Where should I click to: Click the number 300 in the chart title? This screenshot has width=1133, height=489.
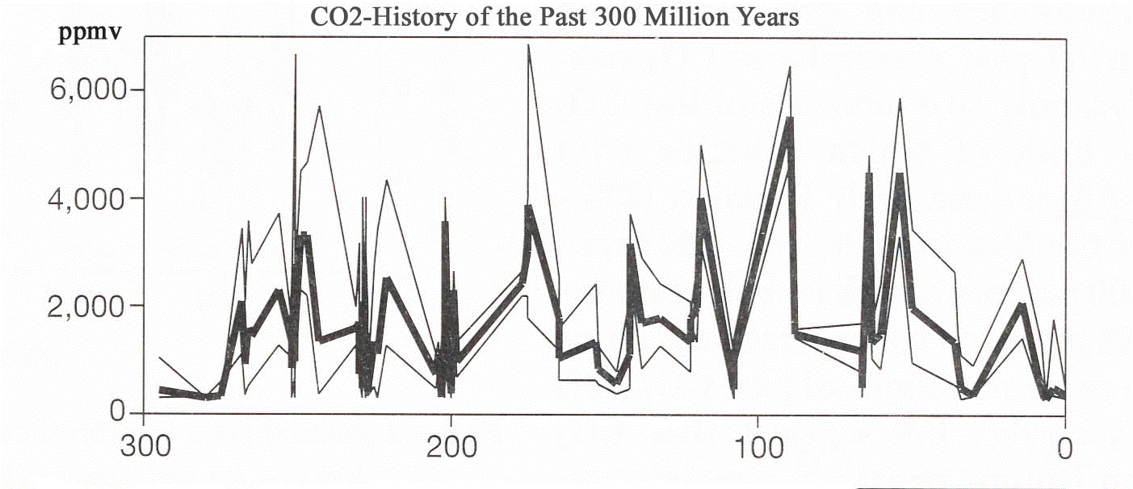[614, 17]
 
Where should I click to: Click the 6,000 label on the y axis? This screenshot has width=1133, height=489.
[87, 90]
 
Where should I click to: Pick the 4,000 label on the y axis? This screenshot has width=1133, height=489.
[87, 199]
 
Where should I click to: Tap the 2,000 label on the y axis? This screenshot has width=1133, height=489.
[87, 306]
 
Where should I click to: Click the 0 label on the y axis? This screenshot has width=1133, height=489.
[120, 413]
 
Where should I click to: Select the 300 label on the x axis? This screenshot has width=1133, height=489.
[144, 447]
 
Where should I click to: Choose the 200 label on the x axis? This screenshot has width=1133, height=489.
[451, 447]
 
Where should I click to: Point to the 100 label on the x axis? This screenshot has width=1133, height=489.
[757, 447]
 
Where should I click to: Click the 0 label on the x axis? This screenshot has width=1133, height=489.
[1065, 447]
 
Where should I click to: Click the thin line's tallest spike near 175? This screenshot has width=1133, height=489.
[528, 45]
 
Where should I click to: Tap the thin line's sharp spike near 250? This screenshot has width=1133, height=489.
[296, 55]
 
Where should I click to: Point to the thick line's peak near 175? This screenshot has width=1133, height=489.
[528, 207]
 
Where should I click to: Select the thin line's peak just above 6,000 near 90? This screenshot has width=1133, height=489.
[789, 67]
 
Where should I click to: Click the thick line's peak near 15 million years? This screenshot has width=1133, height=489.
[1022, 305]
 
